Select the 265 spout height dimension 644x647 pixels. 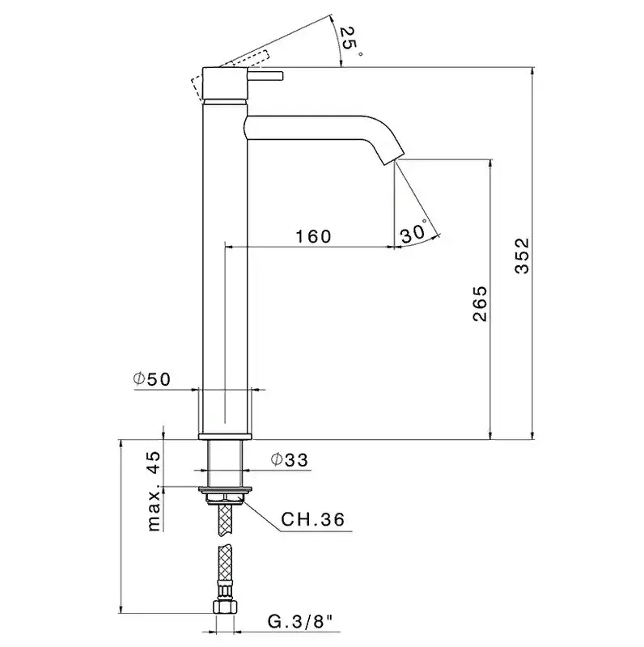(x=479, y=303)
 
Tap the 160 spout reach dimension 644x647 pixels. (x=313, y=236)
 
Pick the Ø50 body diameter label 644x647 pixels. (x=152, y=379)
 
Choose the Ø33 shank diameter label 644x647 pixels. (x=290, y=460)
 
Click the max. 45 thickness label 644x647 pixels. (x=153, y=491)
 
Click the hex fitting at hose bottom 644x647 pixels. (x=225, y=607)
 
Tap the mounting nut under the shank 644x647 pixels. (x=224, y=493)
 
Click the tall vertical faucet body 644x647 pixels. (x=224, y=267)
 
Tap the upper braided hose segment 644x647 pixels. (x=224, y=522)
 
